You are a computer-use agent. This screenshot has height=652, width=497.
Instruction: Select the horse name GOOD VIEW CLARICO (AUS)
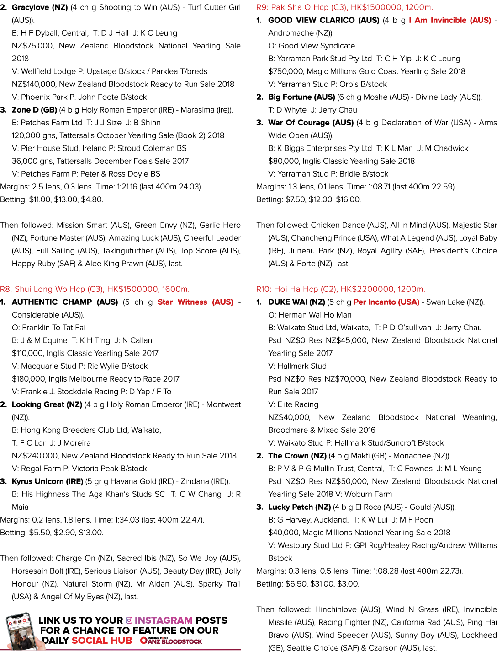coord(323,20)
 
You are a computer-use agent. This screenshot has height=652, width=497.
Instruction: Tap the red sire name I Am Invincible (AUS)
coord(450,20)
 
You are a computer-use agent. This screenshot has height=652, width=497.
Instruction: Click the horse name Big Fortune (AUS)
coord(301,97)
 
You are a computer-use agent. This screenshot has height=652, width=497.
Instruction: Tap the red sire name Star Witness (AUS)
coord(195,302)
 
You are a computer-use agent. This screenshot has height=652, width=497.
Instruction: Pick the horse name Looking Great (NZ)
coord(47,404)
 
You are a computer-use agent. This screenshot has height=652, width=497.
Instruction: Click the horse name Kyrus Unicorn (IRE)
coord(48,481)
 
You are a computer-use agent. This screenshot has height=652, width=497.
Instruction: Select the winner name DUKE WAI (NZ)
coord(296,302)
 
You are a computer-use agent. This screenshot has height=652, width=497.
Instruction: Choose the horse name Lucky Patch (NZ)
coord(299,507)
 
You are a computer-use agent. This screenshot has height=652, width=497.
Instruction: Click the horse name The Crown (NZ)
coord(297,456)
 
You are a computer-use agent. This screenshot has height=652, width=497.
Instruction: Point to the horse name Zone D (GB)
coord(34,110)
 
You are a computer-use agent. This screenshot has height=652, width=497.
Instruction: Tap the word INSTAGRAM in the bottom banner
coord(164,620)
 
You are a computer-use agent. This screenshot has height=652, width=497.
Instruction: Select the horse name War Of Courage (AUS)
coord(311,123)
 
